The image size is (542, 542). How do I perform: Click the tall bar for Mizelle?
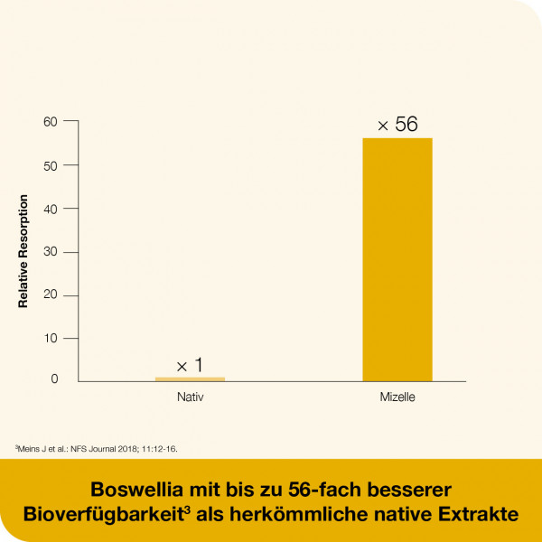pyautogui.click(x=397, y=259)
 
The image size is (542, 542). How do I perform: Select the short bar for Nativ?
pyautogui.click(x=190, y=378)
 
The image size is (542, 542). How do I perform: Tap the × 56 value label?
pyautogui.click(x=397, y=125)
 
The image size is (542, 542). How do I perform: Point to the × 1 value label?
pyautogui.click(x=190, y=365)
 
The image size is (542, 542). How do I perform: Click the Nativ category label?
pyautogui.click(x=190, y=397)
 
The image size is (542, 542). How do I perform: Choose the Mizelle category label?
pyautogui.click(x=397, y=397)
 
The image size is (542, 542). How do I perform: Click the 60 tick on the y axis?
pyautogui.click(x=51, y=121)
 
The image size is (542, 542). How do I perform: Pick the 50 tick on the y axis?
pyautogui.click(x=51, y=165)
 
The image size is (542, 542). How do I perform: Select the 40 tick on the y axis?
pyautogui.click(x=51, y=209)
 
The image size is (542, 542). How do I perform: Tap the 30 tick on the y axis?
pyautogui.click(x=51, y=252)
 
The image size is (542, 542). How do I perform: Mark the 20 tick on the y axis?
pyautogui.click(x=51, y=295)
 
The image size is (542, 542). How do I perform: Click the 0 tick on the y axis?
pyautogui.click(x=54, y=379)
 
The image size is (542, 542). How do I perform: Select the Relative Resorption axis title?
pyautogui.click(x=23, y=251)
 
